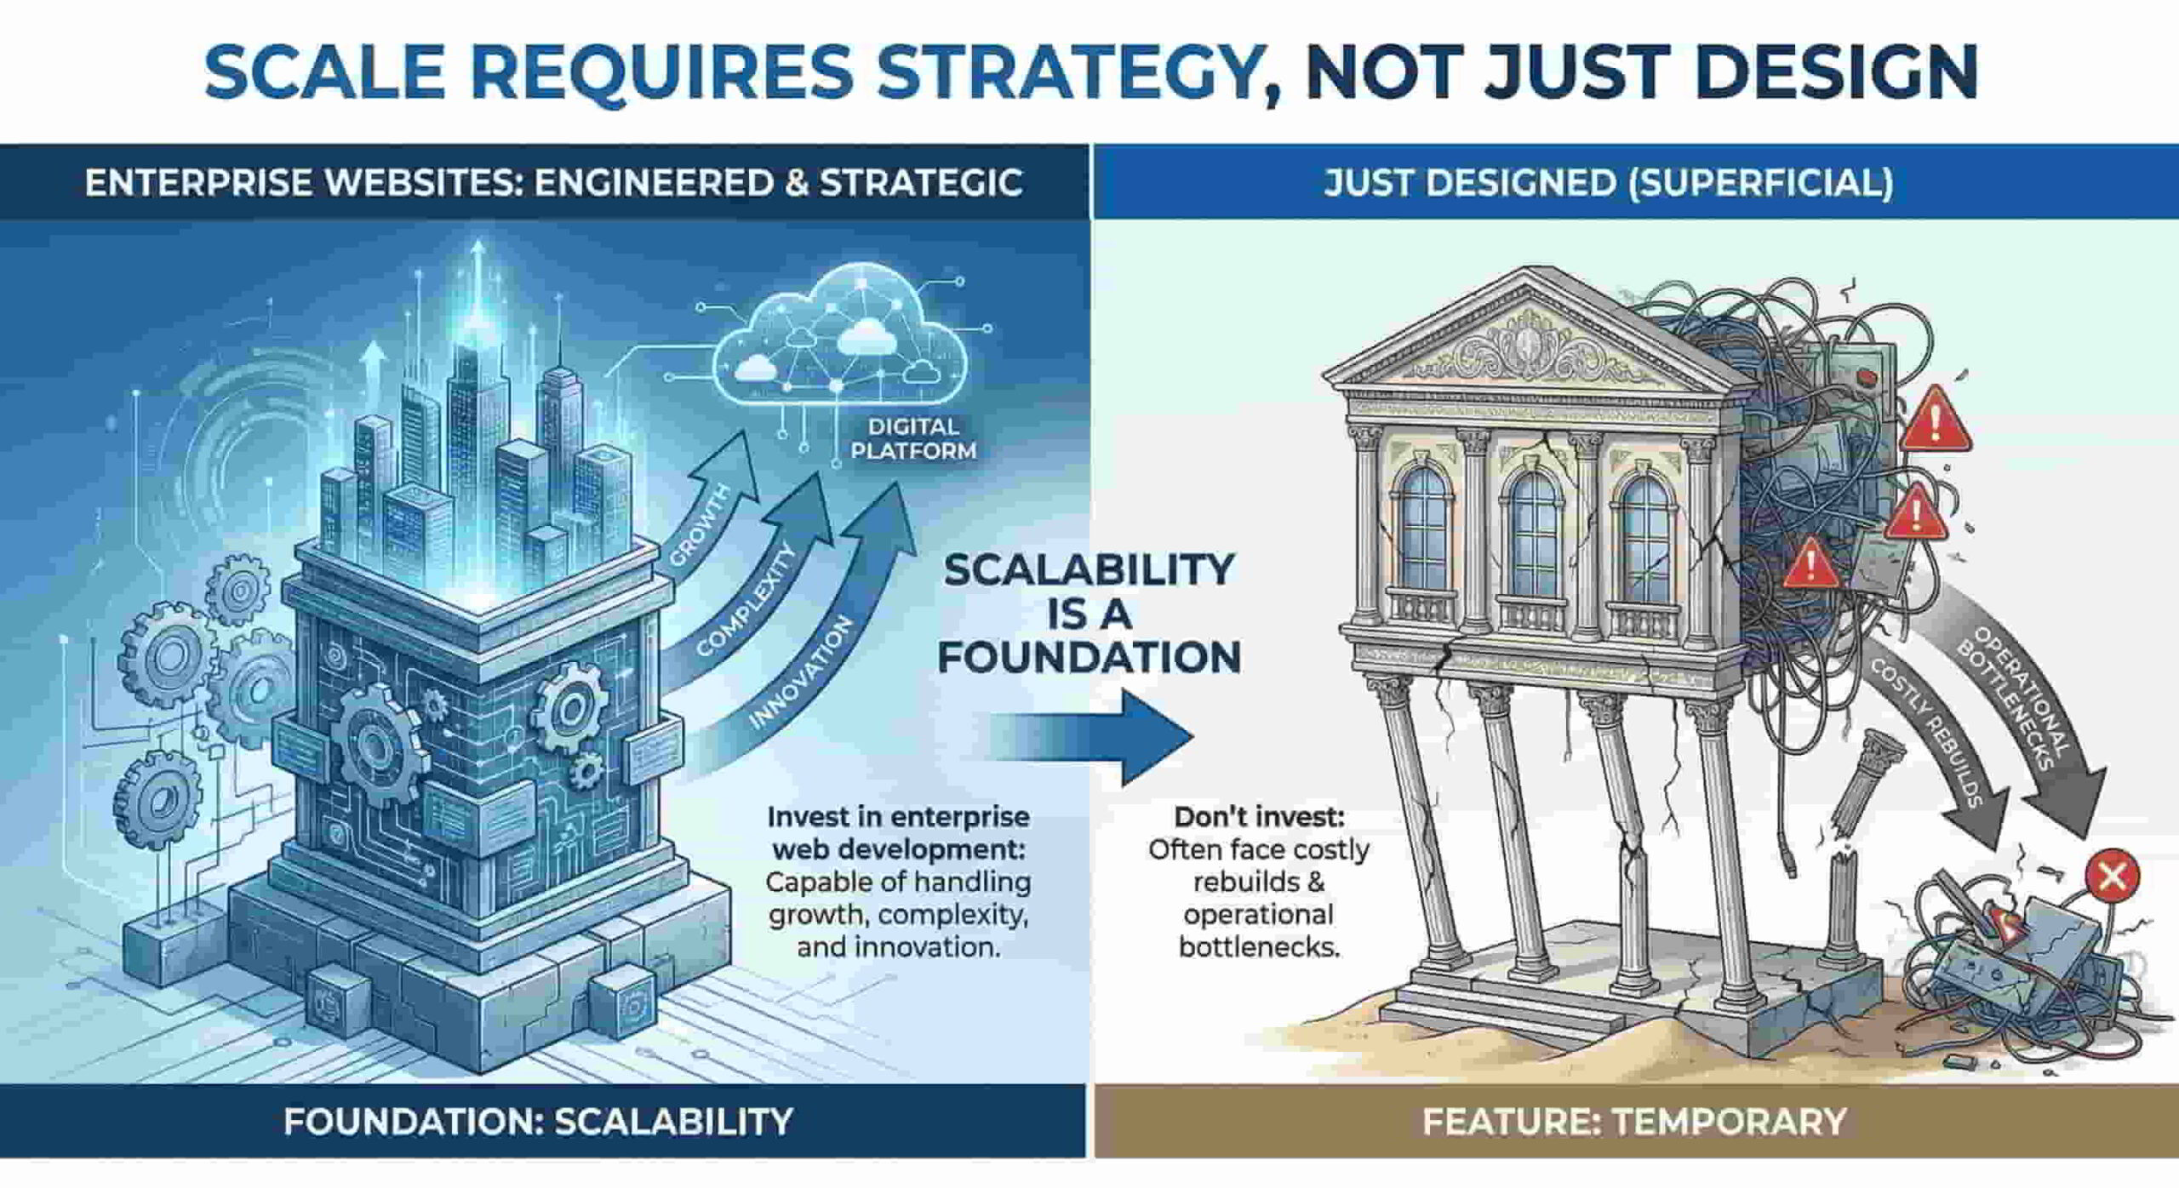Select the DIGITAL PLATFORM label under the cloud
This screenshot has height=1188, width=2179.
tap(912, 438)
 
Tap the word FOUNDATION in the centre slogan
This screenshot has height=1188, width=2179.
tap(1089, 658)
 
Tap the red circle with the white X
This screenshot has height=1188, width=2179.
tap(2112, 875)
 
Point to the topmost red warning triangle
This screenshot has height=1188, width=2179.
tap(1936, 420)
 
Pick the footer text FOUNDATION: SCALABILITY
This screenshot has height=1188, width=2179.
tap(538, 1122)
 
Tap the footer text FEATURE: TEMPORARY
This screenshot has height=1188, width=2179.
tap(1633, 1122)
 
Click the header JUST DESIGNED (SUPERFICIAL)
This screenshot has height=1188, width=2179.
tap(1608, 183)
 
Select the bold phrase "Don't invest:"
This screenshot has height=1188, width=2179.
tap(1259, 817)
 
